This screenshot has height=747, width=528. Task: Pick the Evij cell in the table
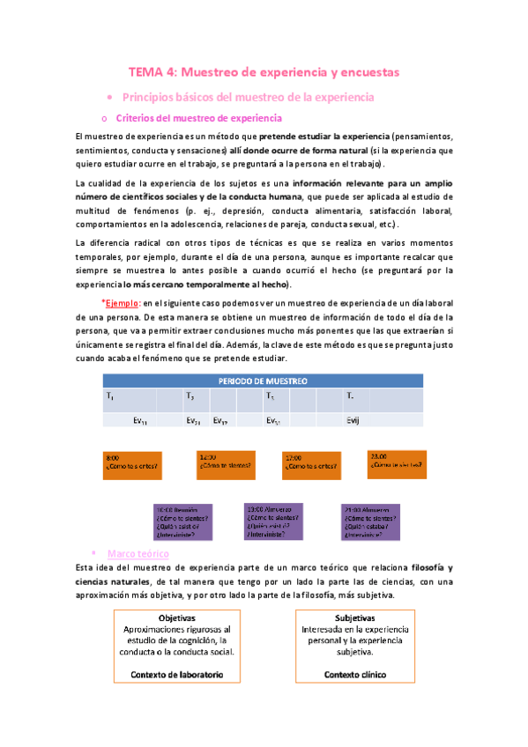tap(353, 421)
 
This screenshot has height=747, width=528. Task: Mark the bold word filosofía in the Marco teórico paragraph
tap(422, 567)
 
